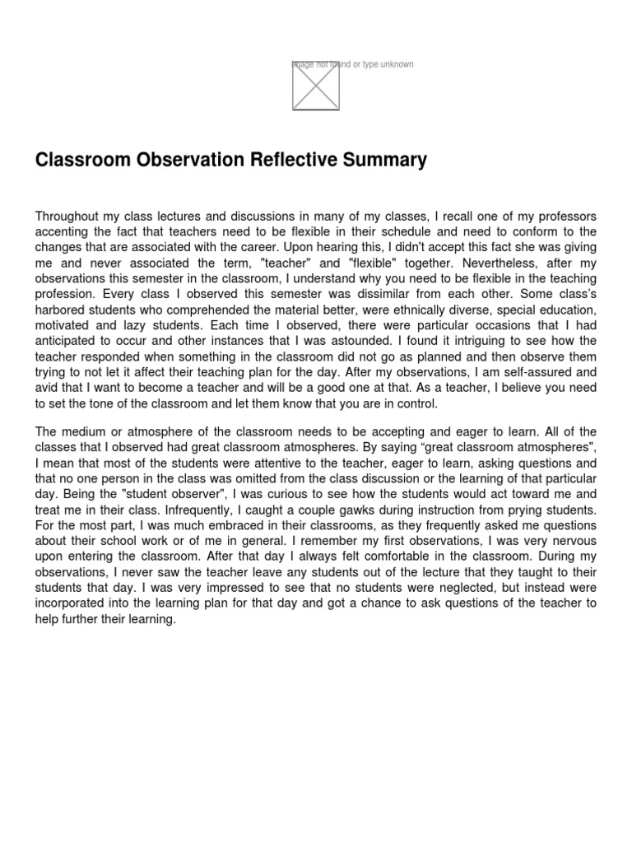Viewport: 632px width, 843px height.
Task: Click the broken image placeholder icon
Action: point(316,86)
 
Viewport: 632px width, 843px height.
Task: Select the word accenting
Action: point(63,232)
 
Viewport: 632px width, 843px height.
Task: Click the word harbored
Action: point(62,310)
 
